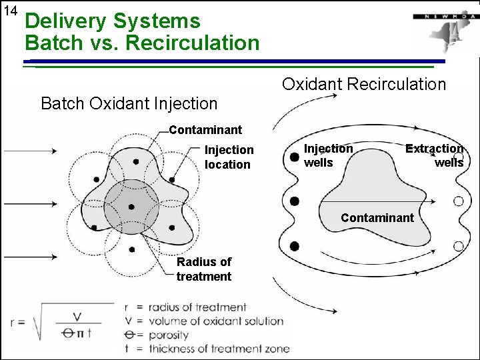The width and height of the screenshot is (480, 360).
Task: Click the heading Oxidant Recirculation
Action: tap(363, 84)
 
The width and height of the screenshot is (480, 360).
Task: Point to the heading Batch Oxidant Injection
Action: tap(129, 103)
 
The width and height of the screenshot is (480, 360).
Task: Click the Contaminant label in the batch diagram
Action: tap(205, 129)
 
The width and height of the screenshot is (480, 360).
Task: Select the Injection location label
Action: tap(229, 157)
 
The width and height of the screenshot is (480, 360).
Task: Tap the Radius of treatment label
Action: tap(204, 269)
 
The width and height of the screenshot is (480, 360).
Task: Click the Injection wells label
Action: tap(328, 155)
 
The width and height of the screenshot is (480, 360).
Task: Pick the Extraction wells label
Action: tap(436, 155)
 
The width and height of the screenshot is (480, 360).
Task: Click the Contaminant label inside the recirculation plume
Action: tap(377, 217)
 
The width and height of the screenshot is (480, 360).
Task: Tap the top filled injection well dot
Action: tap(294, 158)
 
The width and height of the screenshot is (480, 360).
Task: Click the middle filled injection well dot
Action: tap(294, 201)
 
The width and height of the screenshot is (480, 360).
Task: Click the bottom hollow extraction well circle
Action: tap(458, 246)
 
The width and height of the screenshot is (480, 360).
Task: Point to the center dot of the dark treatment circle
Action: tap(131, 207)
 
